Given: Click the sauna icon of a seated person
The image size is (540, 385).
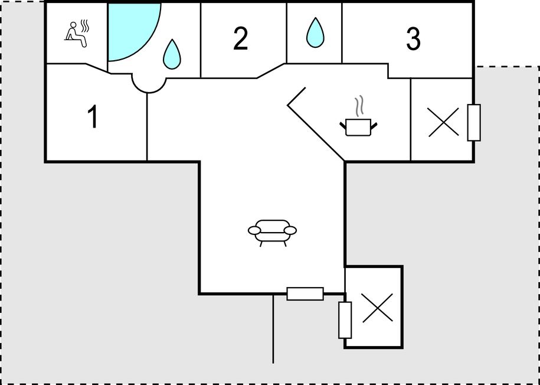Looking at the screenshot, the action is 77,34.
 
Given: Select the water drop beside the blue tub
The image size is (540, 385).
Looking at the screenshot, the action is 172,54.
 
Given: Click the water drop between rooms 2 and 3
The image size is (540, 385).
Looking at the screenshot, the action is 315,32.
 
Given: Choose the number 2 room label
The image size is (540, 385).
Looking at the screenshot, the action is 240,38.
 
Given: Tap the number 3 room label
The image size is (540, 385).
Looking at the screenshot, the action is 413,39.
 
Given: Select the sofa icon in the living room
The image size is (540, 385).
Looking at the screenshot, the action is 272,233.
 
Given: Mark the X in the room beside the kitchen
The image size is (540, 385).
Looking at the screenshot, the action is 444,122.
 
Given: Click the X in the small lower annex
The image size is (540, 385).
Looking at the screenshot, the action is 378,308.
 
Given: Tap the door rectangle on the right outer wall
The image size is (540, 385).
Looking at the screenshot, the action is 474,122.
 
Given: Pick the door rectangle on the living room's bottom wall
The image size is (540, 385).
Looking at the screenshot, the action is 305,293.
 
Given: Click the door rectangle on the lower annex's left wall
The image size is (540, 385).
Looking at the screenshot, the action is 345,320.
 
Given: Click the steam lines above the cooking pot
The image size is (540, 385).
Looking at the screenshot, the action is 359,106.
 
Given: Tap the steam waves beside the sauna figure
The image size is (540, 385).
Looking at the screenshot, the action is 84,26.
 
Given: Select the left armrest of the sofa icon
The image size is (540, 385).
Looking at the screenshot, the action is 254,230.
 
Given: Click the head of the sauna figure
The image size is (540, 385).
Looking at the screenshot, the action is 73,25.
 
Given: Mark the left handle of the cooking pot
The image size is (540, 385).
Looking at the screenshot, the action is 343,126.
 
